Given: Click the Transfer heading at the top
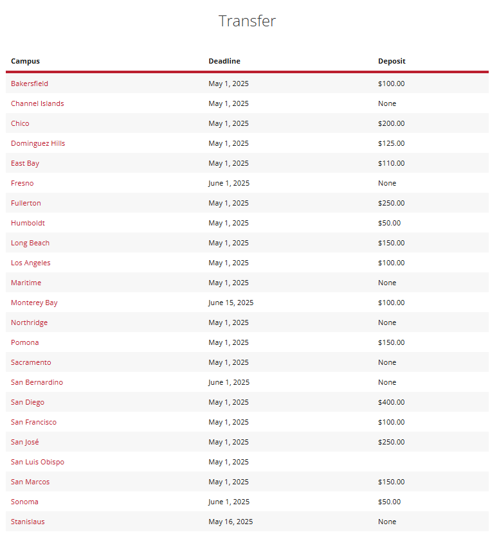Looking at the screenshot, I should coord(247,21).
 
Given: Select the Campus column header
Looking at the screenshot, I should coord(25,62).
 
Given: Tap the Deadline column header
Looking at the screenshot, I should coord(224,62).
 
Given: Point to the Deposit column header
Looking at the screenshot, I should coord(392,62).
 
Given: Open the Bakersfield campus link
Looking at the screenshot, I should coord(30,84).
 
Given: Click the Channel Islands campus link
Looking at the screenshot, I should coord(37,103).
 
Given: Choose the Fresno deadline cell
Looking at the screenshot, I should coord(229,183).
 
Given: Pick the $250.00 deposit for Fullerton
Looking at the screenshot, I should coord(392,203).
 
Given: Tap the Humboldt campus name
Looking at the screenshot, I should coord(28,223).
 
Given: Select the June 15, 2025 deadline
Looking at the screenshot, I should coord(231,303).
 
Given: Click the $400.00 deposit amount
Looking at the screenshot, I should coord(392,402).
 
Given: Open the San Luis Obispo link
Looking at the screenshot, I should coord(37,462).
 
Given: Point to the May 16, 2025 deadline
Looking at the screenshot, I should coord(231,522).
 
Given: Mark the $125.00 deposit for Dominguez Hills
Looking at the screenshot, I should coord(392,143).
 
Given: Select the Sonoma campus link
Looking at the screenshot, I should coord(24,502).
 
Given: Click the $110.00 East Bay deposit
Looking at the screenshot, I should coord(392,163).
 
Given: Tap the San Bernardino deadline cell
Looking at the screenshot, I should coord(229,382).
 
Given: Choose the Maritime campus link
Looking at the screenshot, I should coord(26,283).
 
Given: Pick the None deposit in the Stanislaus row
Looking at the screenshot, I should coord(387,522).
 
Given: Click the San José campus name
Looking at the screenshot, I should coord(24,442).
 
